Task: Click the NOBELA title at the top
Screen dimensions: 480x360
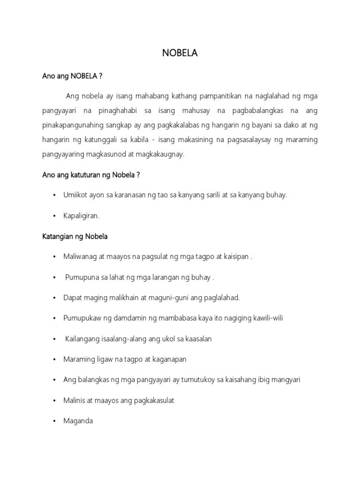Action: click(x=180, y=53)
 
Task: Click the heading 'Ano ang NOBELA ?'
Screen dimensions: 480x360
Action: click(x=72, y=76)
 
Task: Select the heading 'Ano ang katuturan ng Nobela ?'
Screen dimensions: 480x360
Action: click(x=91, y=175)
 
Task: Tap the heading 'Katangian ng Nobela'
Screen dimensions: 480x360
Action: click(x=75, y=236)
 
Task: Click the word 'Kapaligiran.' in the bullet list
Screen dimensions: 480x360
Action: click(x=82, y=216)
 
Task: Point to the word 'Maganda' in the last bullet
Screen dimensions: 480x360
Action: click(x=78, y=420)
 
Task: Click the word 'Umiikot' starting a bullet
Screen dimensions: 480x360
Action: click(x=75, y=195)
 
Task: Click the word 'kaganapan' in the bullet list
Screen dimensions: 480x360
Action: click(x=171, y=359)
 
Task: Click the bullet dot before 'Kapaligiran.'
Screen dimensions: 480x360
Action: click(x=55, y=216)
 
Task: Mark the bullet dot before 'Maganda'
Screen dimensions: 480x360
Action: click(x=55, y=421)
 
